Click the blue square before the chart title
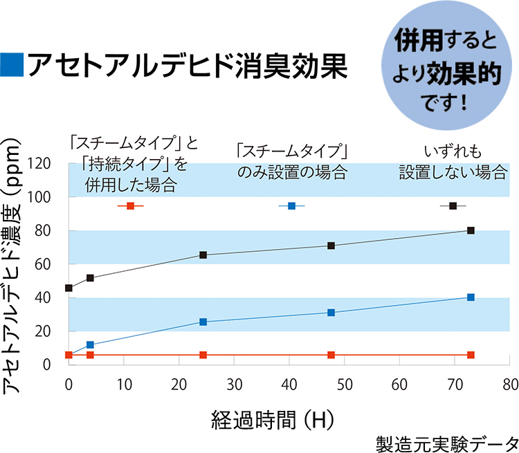click(12, 64)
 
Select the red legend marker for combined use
click(130, 206)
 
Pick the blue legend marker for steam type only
click(291, 206)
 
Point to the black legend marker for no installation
click(453, 206)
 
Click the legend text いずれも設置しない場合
click(453, 163)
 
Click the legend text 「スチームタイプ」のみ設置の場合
click(291, 163)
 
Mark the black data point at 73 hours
click(471, 230)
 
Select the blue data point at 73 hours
click(471, 297)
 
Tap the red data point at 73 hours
click(471, 355)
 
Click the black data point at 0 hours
click(69, 288)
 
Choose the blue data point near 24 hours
click(203, 322)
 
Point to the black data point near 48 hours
click(331, 246)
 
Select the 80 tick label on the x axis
click(509, 384)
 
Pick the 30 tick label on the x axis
click(234, 384)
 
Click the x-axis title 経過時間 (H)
click(273, 419)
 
